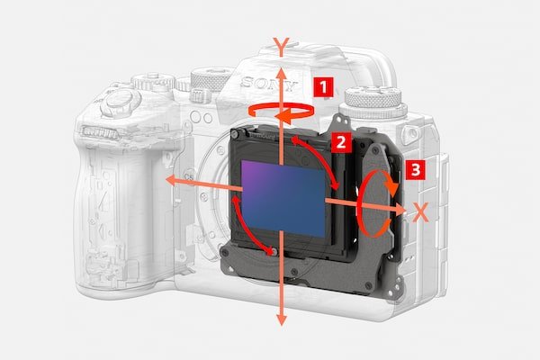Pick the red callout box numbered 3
[414, 168]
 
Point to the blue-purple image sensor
[283, 196]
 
